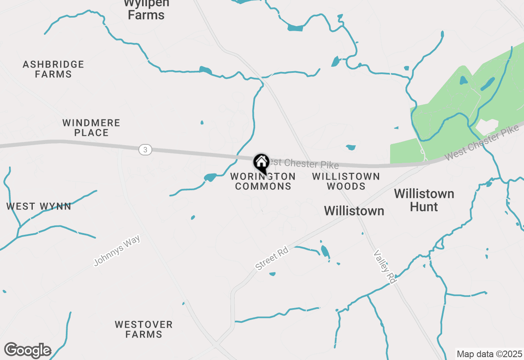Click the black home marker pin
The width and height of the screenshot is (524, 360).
coord(261,163)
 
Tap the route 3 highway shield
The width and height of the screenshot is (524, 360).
coord(145,150)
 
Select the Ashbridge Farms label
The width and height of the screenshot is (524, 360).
coord(53,69)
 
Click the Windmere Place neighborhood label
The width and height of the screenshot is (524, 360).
coord(91,128)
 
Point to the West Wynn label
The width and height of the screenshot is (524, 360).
coord(39,206)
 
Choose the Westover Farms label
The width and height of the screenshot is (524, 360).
coord(144,329)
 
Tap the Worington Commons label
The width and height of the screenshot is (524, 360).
coord(263,181)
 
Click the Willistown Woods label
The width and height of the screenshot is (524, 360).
coord(346,181)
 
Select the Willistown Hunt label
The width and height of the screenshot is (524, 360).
coord(424,200)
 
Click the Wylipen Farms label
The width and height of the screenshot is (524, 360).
coord(146,10)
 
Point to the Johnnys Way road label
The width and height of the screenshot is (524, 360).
coord(117,250)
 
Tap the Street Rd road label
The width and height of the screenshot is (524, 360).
coord(272,259)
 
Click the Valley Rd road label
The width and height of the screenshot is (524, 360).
coord(384,267)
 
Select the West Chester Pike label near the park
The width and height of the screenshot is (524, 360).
coord(481,143)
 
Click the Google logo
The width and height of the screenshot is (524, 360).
coord(27,350)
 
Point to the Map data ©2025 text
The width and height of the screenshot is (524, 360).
coord(489,354)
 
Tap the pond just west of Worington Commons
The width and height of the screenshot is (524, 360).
coord(210,177)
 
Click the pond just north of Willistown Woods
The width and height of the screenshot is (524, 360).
coord(351,147)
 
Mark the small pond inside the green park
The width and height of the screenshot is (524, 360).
coord(463,80)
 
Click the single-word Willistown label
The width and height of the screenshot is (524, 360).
coord(354,211)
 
